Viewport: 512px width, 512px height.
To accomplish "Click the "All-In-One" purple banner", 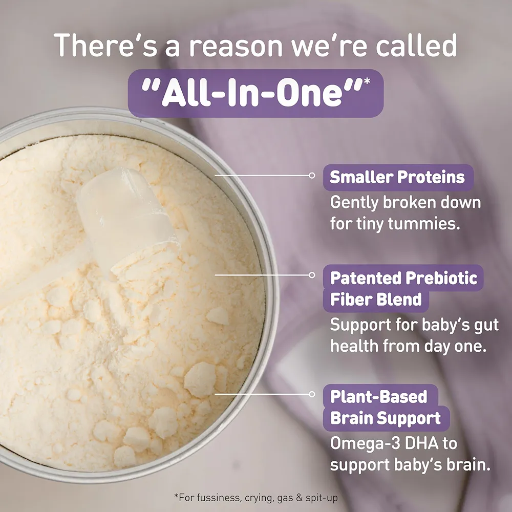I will (x=255, y=93).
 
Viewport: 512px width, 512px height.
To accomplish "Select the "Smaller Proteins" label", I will (x=397, y=177).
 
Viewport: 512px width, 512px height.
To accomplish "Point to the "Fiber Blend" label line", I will (x=376, y=300).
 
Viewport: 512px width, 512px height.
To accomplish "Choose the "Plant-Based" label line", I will (x=378, y=397).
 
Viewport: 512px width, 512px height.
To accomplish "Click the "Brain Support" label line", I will (x=386, y=418).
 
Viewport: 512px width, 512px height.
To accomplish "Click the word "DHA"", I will (x=417, y=443).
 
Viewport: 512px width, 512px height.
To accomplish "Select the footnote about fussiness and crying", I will (x=255, y=497).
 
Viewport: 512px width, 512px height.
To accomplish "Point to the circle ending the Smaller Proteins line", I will (x=312, y=175).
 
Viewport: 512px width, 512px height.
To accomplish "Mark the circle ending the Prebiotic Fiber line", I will (x=312, y=275).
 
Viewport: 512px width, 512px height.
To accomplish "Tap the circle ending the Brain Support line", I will (x=312, y=394).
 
